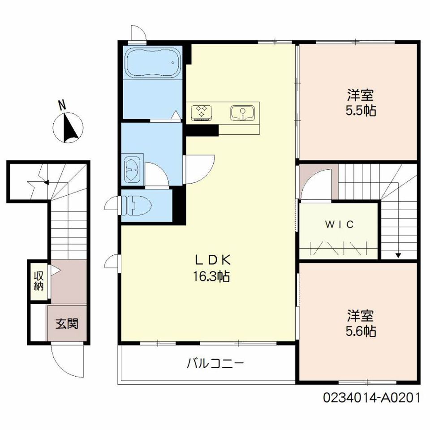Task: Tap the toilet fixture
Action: coord(136,205)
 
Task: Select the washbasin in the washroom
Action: coord(132,169)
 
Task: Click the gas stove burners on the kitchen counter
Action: coord(202,112)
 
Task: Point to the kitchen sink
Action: coord(242,113)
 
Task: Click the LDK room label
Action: coord(212,260)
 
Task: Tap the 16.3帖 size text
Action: coord(211,276)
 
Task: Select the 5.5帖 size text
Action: coord(361,111)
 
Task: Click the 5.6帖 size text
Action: coord(361,331)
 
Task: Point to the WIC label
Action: coord(340,224)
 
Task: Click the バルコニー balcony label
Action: coord(215,364)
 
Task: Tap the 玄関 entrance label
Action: coord(67,323)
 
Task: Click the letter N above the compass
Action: coord(62,104)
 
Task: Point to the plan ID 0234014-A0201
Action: coord(372,398)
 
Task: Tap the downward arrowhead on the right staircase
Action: coord(398,255)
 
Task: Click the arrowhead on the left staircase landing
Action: coord(47,182)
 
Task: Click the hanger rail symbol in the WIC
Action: coord(339,248)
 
